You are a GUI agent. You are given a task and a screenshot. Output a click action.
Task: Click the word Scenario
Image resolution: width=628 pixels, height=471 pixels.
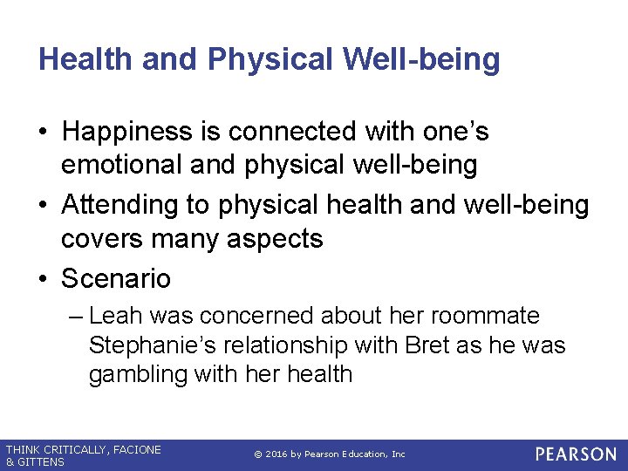pos(116,279)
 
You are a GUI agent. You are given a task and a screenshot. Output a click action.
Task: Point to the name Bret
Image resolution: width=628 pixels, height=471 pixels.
pos(427,345)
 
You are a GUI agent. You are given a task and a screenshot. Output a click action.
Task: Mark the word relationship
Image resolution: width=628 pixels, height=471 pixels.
pos(279,345)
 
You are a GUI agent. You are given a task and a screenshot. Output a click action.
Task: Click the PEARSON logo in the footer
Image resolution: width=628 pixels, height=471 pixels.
pos(576,454)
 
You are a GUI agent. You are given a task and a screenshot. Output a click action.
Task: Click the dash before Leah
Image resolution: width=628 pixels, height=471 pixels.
pos(75,316)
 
